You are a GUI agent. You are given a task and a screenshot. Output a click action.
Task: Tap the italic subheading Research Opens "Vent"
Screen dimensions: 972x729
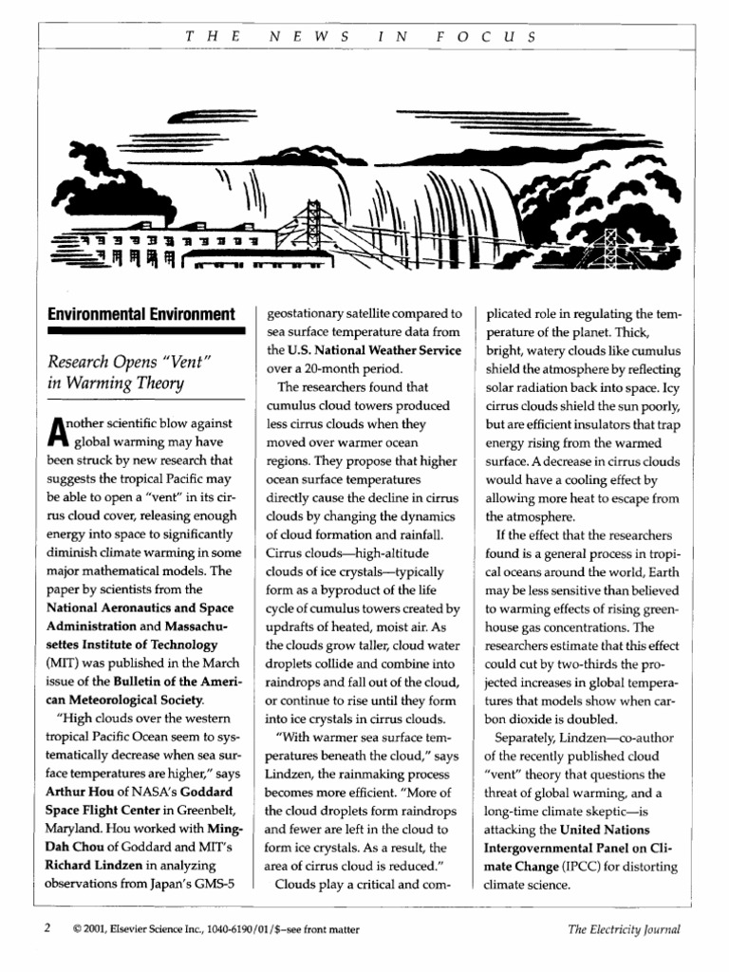click(x=126, y=364)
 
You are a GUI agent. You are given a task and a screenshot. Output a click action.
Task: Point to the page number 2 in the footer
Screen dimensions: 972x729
click(x=46, y=930)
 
